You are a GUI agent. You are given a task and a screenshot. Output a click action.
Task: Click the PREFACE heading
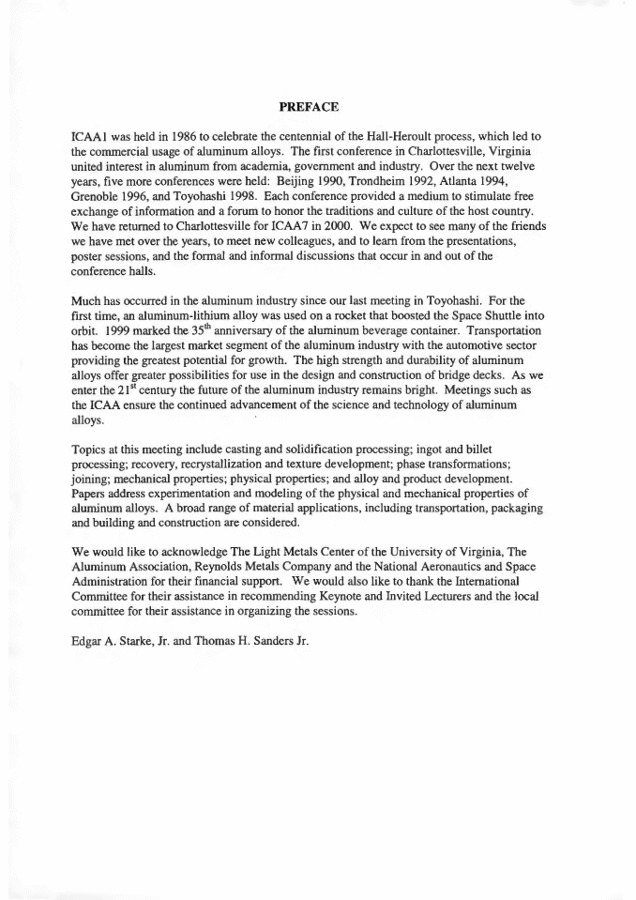(316, 107)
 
